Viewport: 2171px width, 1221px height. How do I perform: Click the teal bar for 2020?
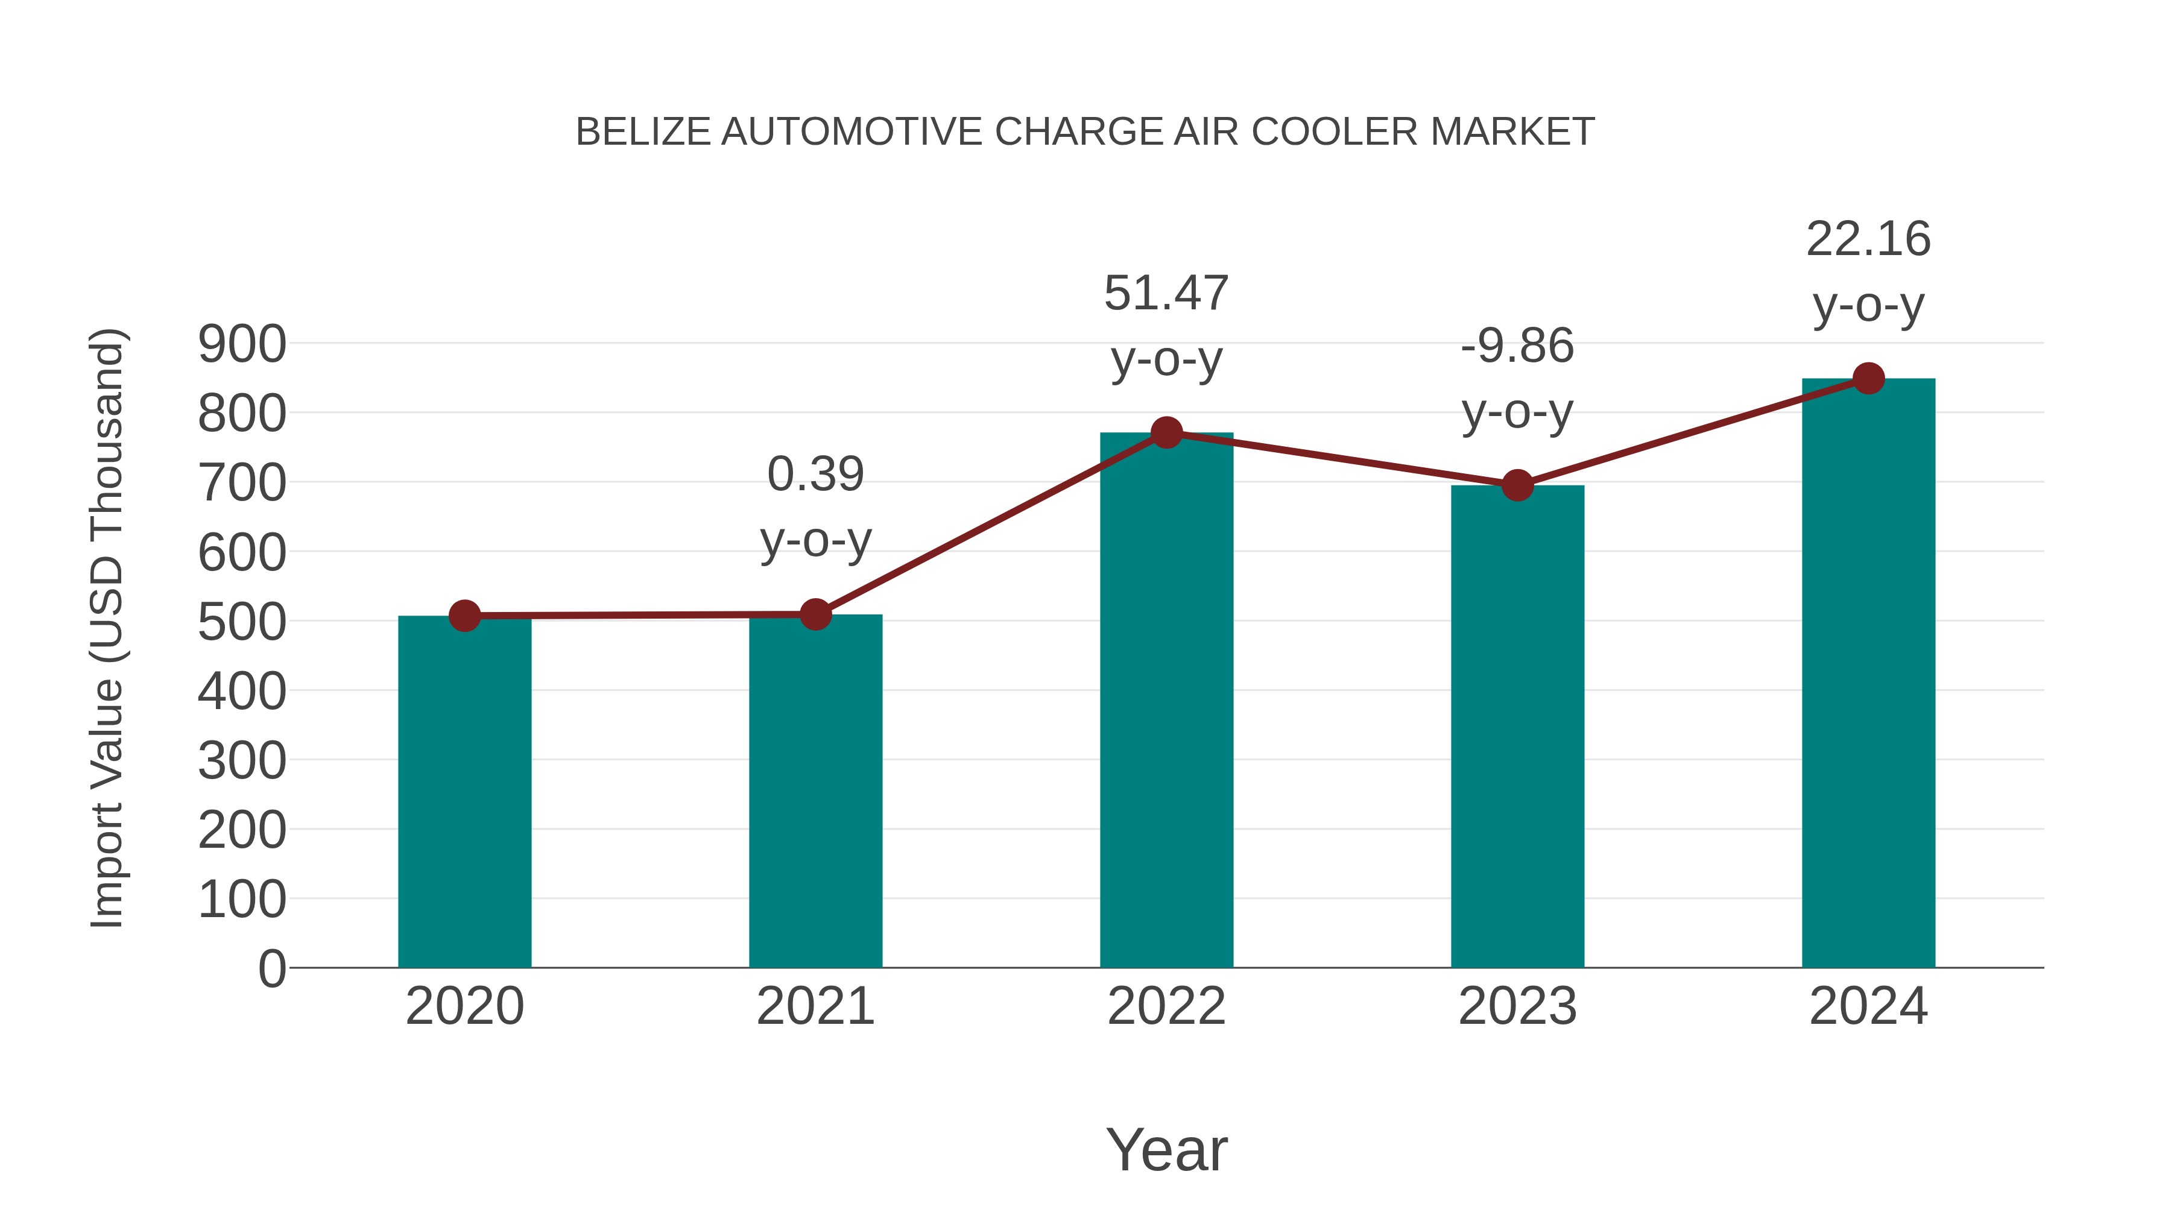coord(464,792)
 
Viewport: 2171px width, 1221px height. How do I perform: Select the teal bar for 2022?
coord(1166,699)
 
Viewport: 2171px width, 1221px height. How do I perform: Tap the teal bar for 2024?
coord(1868,674)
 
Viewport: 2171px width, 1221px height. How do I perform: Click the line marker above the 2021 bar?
coord(815,614)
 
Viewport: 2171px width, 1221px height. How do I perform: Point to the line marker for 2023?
coord(1517,485)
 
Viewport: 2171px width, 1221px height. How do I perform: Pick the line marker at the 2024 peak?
coord(1868,378)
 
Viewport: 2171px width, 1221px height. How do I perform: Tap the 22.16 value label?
coord(1868,239)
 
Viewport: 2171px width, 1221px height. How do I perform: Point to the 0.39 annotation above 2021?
coord(815,475)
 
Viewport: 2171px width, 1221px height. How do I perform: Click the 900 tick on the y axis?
coord(242,345)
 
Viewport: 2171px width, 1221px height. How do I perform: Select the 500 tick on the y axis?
coord(242,623)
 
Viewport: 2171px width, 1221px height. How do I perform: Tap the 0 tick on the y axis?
coord(271,969)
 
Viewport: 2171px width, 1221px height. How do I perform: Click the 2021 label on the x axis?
coord(815,1006)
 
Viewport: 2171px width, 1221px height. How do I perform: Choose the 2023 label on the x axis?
coord(1517,1006)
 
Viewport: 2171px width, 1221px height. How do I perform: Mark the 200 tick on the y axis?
coord(242,831)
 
